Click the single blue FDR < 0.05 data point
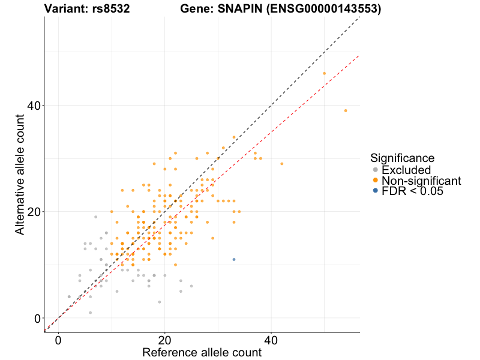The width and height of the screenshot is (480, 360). (234, 259)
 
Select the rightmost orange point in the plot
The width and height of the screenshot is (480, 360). (346, 110)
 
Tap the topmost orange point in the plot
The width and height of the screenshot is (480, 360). (324, 73)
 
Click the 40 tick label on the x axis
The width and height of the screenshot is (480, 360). (271, 340)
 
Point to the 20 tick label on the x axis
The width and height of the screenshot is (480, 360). (164, 340)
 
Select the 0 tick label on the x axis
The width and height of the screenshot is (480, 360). (58, 340)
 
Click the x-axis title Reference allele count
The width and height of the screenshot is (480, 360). (202, 352)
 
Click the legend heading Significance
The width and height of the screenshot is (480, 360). (402, 158)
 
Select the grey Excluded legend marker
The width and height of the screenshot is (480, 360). (376, 170)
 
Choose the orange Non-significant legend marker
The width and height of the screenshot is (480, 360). (376, 181)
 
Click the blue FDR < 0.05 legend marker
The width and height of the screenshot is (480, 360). (376, 191)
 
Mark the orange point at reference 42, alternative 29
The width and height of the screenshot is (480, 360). (281, 164)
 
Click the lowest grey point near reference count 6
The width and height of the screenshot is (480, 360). (90, 313)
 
